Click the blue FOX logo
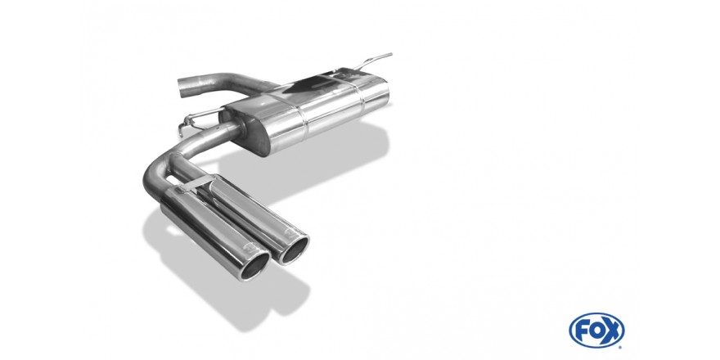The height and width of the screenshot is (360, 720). click(596, 331)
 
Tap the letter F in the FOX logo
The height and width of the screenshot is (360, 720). click(583, 331)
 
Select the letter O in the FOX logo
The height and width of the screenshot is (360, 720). click(596, 331)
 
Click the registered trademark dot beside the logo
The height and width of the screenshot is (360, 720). click(620, 347)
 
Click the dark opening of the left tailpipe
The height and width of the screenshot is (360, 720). click(254, 266)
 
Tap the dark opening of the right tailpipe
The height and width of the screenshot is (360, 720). click(295, 250)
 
